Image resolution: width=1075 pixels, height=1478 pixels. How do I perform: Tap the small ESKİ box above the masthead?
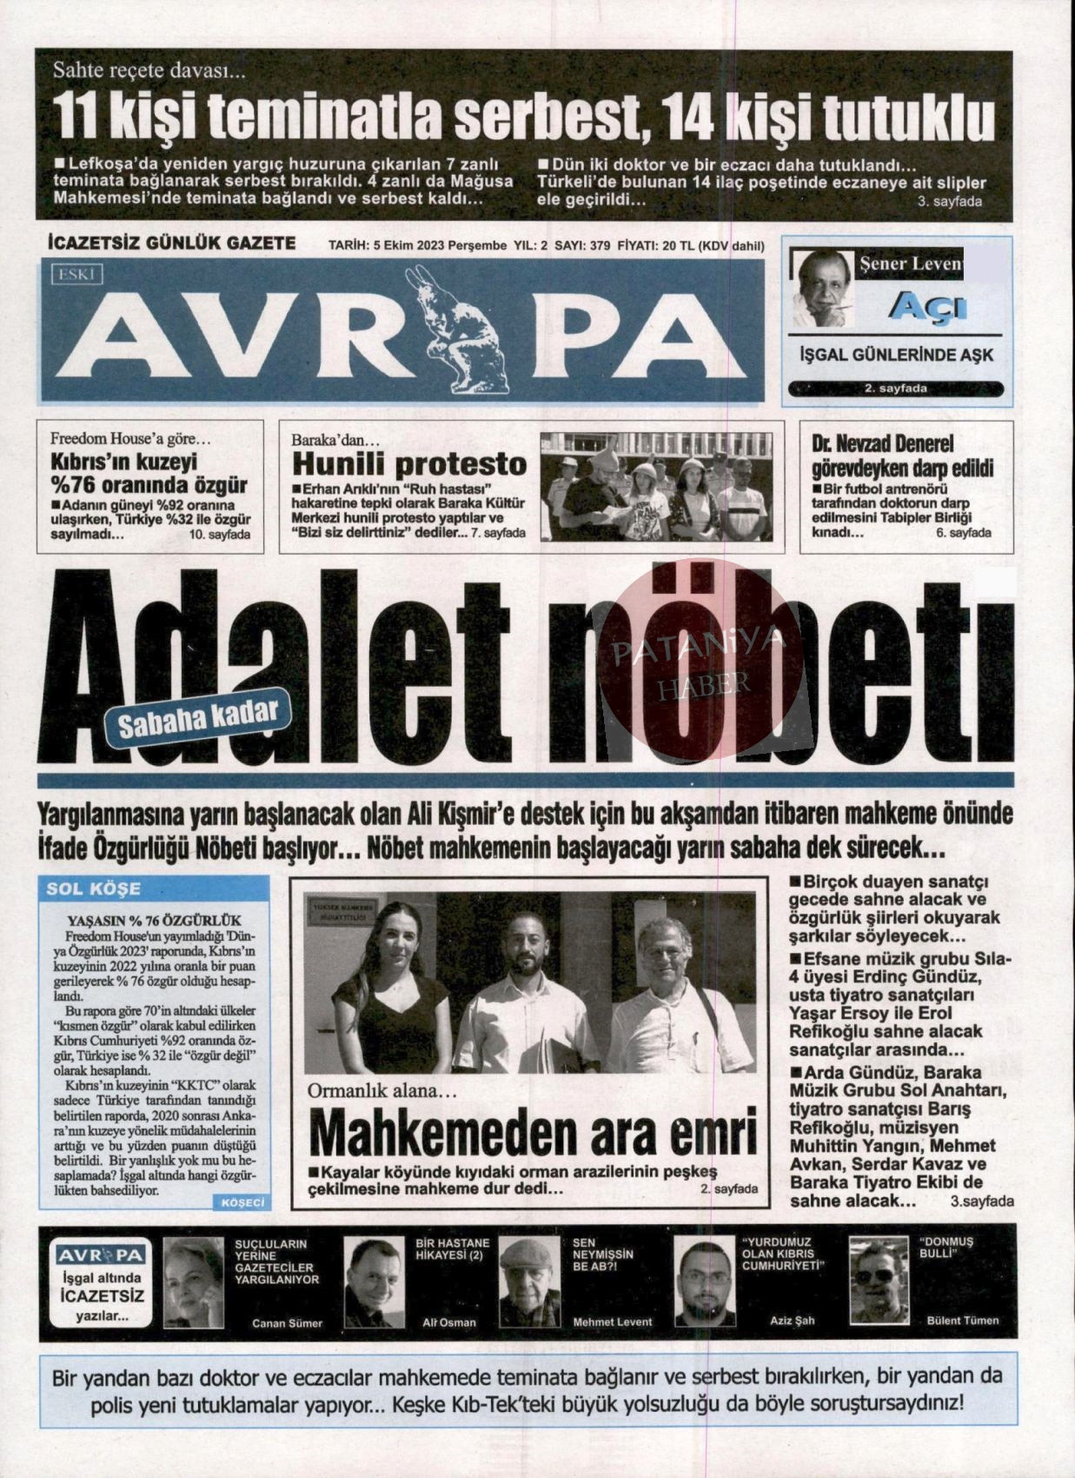[x=78, y=275]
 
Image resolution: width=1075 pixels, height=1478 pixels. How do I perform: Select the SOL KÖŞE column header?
[x=93, y=889]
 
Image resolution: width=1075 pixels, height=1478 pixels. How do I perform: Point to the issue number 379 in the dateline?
[x=600, y=246]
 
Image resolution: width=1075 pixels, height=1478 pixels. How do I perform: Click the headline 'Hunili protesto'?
[x=409, y=465]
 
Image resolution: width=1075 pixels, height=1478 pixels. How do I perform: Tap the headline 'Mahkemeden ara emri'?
[x=533, y=1134]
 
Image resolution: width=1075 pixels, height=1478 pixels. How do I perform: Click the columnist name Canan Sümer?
[x=287, y=1323]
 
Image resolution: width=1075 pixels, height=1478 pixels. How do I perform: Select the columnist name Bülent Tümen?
[x=963, y=1321]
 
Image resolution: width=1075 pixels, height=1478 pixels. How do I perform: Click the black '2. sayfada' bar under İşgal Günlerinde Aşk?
[x=895, y=389]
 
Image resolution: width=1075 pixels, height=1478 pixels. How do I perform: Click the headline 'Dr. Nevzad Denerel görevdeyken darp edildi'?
[x=901, y=456]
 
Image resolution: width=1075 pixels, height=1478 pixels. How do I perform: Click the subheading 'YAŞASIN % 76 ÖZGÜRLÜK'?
[x=155, y=920]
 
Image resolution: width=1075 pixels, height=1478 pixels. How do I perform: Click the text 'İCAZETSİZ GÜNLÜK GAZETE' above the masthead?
[x=171, y=243]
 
